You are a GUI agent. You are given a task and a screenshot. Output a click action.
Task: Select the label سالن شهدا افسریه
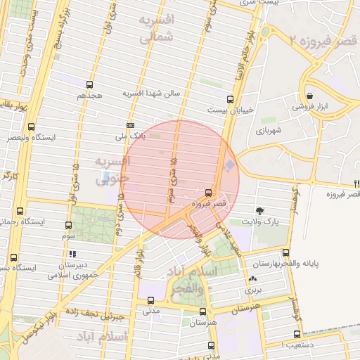pyautogui.click(x=153, y=93)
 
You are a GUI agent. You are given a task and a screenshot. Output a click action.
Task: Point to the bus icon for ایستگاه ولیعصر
pyautogui.click(x=31, y=127)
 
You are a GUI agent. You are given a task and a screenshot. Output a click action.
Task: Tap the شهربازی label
pyautogui.click(x=269, y=131)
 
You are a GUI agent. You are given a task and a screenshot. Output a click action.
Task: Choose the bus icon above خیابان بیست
pyautogui.click(x=230, y=99)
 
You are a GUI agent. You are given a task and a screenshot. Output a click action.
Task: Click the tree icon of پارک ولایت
pyautogui.click(x=260, y=210)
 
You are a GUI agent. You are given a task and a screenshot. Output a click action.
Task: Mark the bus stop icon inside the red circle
pyautogui.click(x=208, y=193)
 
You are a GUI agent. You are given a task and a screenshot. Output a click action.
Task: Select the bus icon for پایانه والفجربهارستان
pyautogui.click(x=285, y=252)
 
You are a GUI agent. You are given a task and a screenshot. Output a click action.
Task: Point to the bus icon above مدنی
pyautogui.click(x=150, y=300)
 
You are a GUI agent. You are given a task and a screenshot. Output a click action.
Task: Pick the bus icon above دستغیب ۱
pyautogui.click(x=297, y=335)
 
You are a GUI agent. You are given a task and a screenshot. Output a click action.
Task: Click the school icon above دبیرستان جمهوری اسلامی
pyautogui.click(x=72, y=254)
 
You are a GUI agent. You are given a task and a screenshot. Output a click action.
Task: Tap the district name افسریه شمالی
pyautogui.click(x=155, y=29)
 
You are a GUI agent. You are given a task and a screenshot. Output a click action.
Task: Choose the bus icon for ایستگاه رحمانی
pyautogui.click(x=20, y=210)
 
